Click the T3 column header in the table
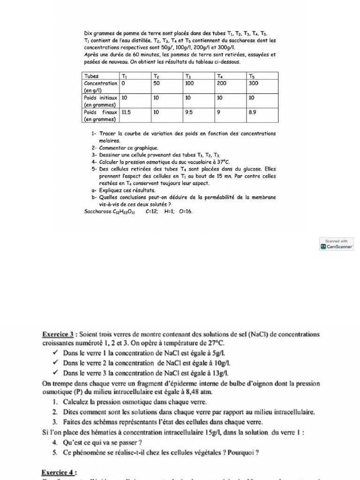pos(188,76)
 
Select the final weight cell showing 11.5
pos(126,112)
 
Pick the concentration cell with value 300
pos(254,83)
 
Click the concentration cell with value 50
pos(157,83)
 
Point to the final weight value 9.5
pos(189,112)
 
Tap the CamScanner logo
pos(336,246)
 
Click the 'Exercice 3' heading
pos(60,334)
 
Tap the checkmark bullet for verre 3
pos(55,373)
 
